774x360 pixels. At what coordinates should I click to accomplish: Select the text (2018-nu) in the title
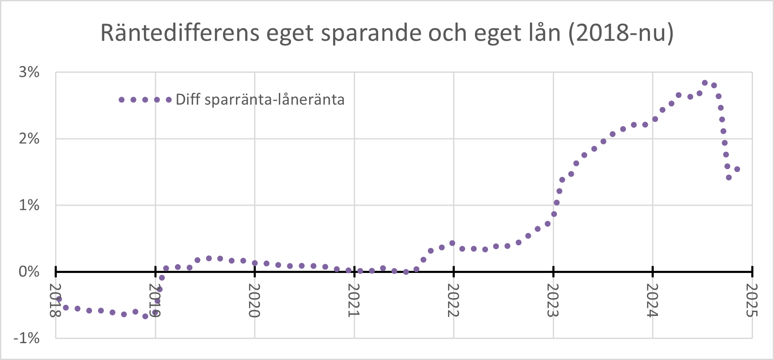[x=621, y=33]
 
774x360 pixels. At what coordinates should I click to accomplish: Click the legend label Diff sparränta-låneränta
[x=260, y=100]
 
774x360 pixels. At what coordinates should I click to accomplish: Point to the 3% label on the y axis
[x=29, y=72]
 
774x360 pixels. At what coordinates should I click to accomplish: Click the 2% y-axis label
[x=29, y=138]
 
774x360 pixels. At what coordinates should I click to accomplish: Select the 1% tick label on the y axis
[x=29, y=205]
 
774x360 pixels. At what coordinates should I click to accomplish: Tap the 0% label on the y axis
[x=29, y=272]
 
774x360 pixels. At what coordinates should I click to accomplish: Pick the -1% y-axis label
[x=27, y=338]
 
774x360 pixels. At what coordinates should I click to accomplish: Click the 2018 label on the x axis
[x=56, y=300]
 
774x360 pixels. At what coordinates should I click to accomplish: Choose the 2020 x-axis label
[x=254, y=300]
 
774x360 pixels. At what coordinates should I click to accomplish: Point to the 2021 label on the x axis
[x=354, y=300]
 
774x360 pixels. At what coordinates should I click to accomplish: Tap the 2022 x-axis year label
[x=453, y=300]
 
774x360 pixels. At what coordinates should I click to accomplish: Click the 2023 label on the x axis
[x=553, y=300]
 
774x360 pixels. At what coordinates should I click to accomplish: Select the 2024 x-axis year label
[x=652, y=300]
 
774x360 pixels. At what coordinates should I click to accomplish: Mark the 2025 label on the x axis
[x=752, y=300]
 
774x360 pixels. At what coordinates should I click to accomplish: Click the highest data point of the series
[x=705, y=83]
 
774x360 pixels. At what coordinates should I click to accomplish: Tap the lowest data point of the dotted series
[x=145, y=316]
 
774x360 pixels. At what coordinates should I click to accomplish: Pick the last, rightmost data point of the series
[x=737, y=169]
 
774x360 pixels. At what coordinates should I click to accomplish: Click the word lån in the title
[x=545, y=33]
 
